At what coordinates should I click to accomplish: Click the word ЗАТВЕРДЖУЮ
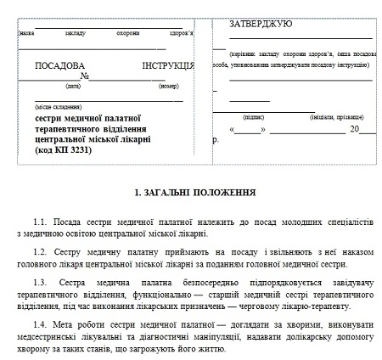261,24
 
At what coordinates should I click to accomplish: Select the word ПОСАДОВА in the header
60,65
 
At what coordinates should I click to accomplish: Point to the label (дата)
73,86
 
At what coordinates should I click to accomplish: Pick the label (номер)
170,86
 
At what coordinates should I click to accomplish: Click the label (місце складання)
56,108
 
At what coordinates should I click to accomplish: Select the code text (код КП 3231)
74,150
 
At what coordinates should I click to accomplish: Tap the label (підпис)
253,115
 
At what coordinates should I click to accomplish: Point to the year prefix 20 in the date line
354,130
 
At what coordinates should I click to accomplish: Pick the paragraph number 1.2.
42,252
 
